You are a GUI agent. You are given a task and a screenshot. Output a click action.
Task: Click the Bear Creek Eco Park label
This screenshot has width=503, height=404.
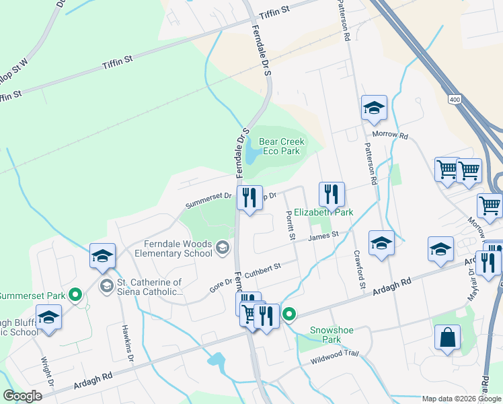tap(282, 146)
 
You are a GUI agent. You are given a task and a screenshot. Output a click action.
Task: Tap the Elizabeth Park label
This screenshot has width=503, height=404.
tap(323, 212)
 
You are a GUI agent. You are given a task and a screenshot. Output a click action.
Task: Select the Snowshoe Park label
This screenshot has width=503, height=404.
tap(326, 335)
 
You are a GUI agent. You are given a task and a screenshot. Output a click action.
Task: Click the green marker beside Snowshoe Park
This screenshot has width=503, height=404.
tap(290, 314)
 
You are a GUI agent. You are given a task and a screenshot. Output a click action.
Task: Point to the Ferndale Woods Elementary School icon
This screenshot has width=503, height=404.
tap(222, 248)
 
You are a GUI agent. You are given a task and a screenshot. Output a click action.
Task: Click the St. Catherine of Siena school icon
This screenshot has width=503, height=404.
tap(106, 286)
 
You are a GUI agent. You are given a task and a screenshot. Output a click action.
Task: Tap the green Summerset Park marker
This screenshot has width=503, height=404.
tap(76, 295)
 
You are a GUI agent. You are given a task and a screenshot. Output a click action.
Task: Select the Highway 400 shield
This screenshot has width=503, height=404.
tap(455, 100)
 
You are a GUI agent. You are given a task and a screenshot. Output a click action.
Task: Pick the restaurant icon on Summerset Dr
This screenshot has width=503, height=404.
tap(249, 197)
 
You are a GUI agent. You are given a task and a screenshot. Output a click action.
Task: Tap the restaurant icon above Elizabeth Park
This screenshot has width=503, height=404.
tap(331, 194)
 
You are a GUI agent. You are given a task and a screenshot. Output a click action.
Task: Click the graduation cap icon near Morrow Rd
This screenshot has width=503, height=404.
tap(374, 107)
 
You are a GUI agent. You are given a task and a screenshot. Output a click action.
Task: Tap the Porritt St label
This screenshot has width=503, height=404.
tap(291, 224)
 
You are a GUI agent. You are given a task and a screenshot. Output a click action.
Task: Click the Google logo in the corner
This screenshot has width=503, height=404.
tap(23, 395)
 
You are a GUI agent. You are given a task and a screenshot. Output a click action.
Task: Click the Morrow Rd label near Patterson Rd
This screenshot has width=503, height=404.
tap(394, 135)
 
